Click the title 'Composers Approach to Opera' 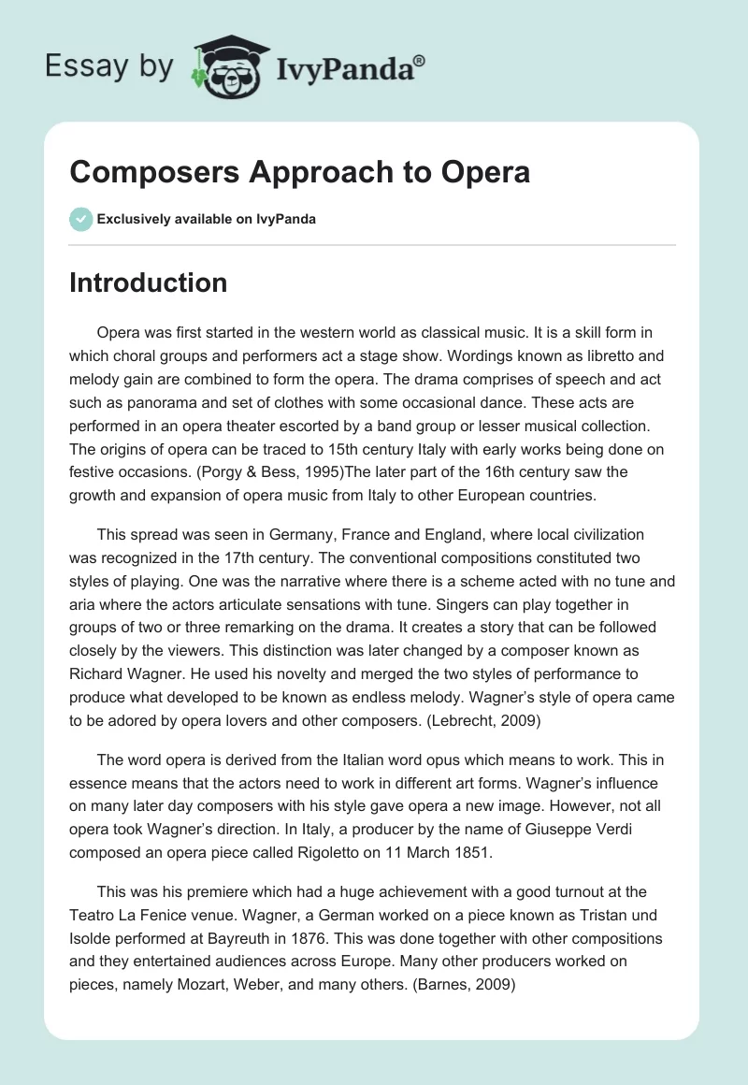tap(299, 172)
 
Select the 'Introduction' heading tap(148, 282)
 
